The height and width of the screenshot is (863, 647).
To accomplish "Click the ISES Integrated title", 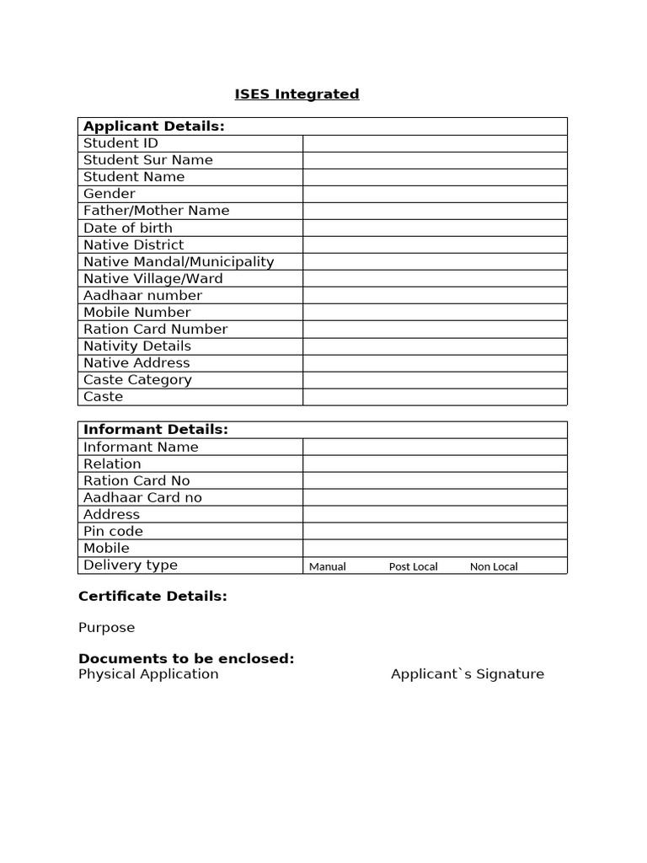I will pos(297,94).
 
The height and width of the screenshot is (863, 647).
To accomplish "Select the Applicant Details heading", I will pos(153,126).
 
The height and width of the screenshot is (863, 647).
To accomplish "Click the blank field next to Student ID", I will pos(435,143).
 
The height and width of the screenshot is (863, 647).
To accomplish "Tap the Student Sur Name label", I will pos(147,160).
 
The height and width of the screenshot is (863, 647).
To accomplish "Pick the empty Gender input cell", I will pos(435,194).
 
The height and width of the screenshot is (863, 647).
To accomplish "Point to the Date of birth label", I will pos(127,228).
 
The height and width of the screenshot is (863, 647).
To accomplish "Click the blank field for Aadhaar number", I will pos(435,295).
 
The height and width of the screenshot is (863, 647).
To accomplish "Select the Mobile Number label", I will pos(136,312).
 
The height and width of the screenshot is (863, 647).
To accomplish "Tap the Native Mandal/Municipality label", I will pos(179,261).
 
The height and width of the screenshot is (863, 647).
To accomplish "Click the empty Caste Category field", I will pos(435,379).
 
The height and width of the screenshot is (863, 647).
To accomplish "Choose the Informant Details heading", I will pos(155,430).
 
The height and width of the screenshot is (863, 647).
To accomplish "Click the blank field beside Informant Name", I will pos(435,447).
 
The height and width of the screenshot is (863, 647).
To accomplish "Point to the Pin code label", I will pos(113,531).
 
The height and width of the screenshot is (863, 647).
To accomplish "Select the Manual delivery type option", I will pos(327,566).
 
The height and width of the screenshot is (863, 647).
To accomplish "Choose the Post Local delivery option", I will pos(413,566).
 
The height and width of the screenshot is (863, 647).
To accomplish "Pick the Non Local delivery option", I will pos(494,566).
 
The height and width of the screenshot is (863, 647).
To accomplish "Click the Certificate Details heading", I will pos(152,597).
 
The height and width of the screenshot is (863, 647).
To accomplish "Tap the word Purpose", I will pos(106,628).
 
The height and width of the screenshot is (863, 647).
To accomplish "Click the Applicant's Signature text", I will pos(467,674).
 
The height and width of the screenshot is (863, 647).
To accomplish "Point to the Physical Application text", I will pos(147,674).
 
